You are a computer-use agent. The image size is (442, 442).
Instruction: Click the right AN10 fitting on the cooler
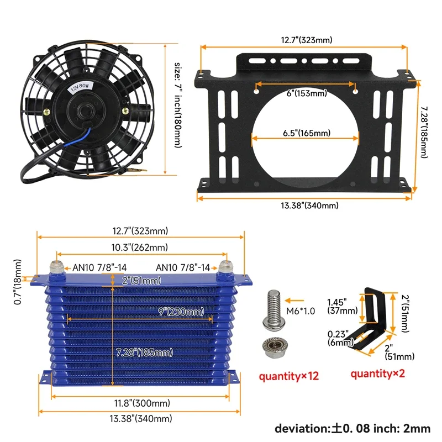point(224,268)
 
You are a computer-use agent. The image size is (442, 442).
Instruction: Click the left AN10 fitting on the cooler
point(55,268)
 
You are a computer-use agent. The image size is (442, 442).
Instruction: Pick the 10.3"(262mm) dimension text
point(140,248)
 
